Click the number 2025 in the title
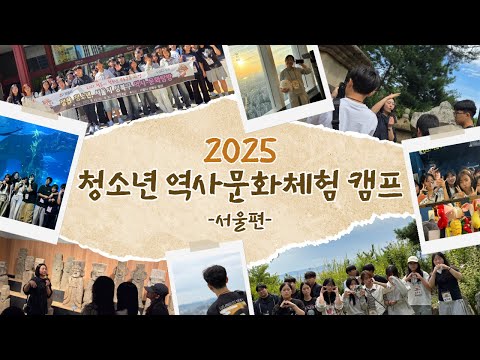tap(239, 150)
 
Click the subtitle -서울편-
tap(239, 220)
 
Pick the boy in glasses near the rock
tap(464, 112)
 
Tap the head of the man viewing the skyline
tap(215, 277)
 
